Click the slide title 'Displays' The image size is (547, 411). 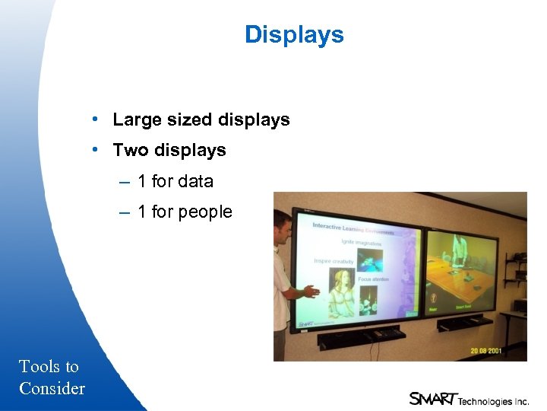(294, 35)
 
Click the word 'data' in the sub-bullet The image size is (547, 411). (196, 181)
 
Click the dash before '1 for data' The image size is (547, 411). (124, 181)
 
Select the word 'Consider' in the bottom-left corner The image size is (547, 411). (52, 388)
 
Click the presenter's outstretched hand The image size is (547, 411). (311, 291)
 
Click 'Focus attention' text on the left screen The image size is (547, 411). (373, 279)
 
